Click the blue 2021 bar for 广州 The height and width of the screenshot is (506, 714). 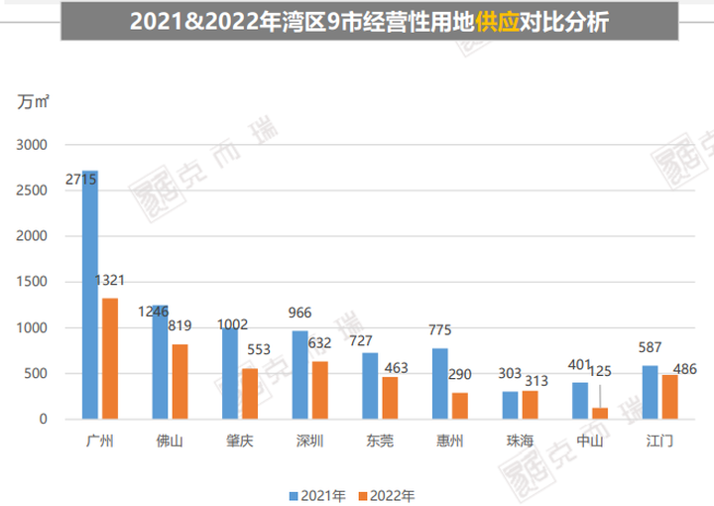pyautogui.click(x=90, y=298)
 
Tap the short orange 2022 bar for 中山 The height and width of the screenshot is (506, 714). pyautogui.click(x=599, y=414)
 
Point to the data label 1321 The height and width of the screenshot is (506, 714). pyautogui.click(x=109, y=281)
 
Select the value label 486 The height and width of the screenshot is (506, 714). pyautogui.click(x=684, y=369)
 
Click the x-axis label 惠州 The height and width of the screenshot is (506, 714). pyautogui.click(x=449, y=441)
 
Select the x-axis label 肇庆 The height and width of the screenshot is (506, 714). pyautogui.click(x=239, y=441)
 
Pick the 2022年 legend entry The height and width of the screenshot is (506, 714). pyautogui.click(x=388, y=493)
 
